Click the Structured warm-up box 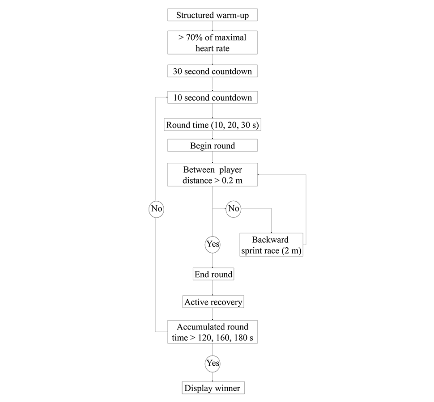[x=212, y=15]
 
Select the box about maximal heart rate [x=212, y=42]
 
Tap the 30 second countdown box [x=212, y=71]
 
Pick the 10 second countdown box [x=212, y=97]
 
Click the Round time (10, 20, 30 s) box [x=212, y=125]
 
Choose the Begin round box [x=212, y=145]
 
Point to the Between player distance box [x=212, y=175]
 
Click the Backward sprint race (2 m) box [x=271, y=245]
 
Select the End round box [x=213, y=274]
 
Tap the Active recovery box [x=213, y=302]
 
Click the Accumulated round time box [x=212, y=332]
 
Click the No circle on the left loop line [x=156, y=208]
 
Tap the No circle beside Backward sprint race [x=234, y=208]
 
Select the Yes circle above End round [x=213, y=244]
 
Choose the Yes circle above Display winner [x=213, y=363]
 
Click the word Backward [x=270, y=240]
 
